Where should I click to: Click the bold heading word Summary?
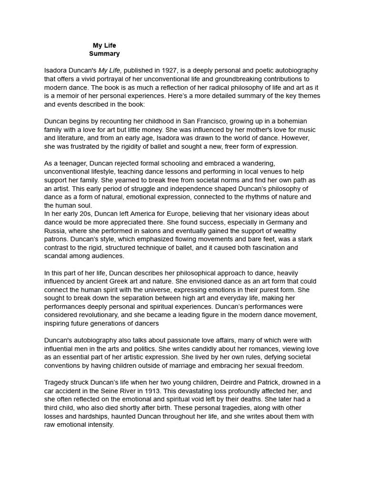(104, 54)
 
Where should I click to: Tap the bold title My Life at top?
(104, 46)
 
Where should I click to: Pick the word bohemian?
(290, 121)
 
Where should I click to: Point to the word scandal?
(57, 256)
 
